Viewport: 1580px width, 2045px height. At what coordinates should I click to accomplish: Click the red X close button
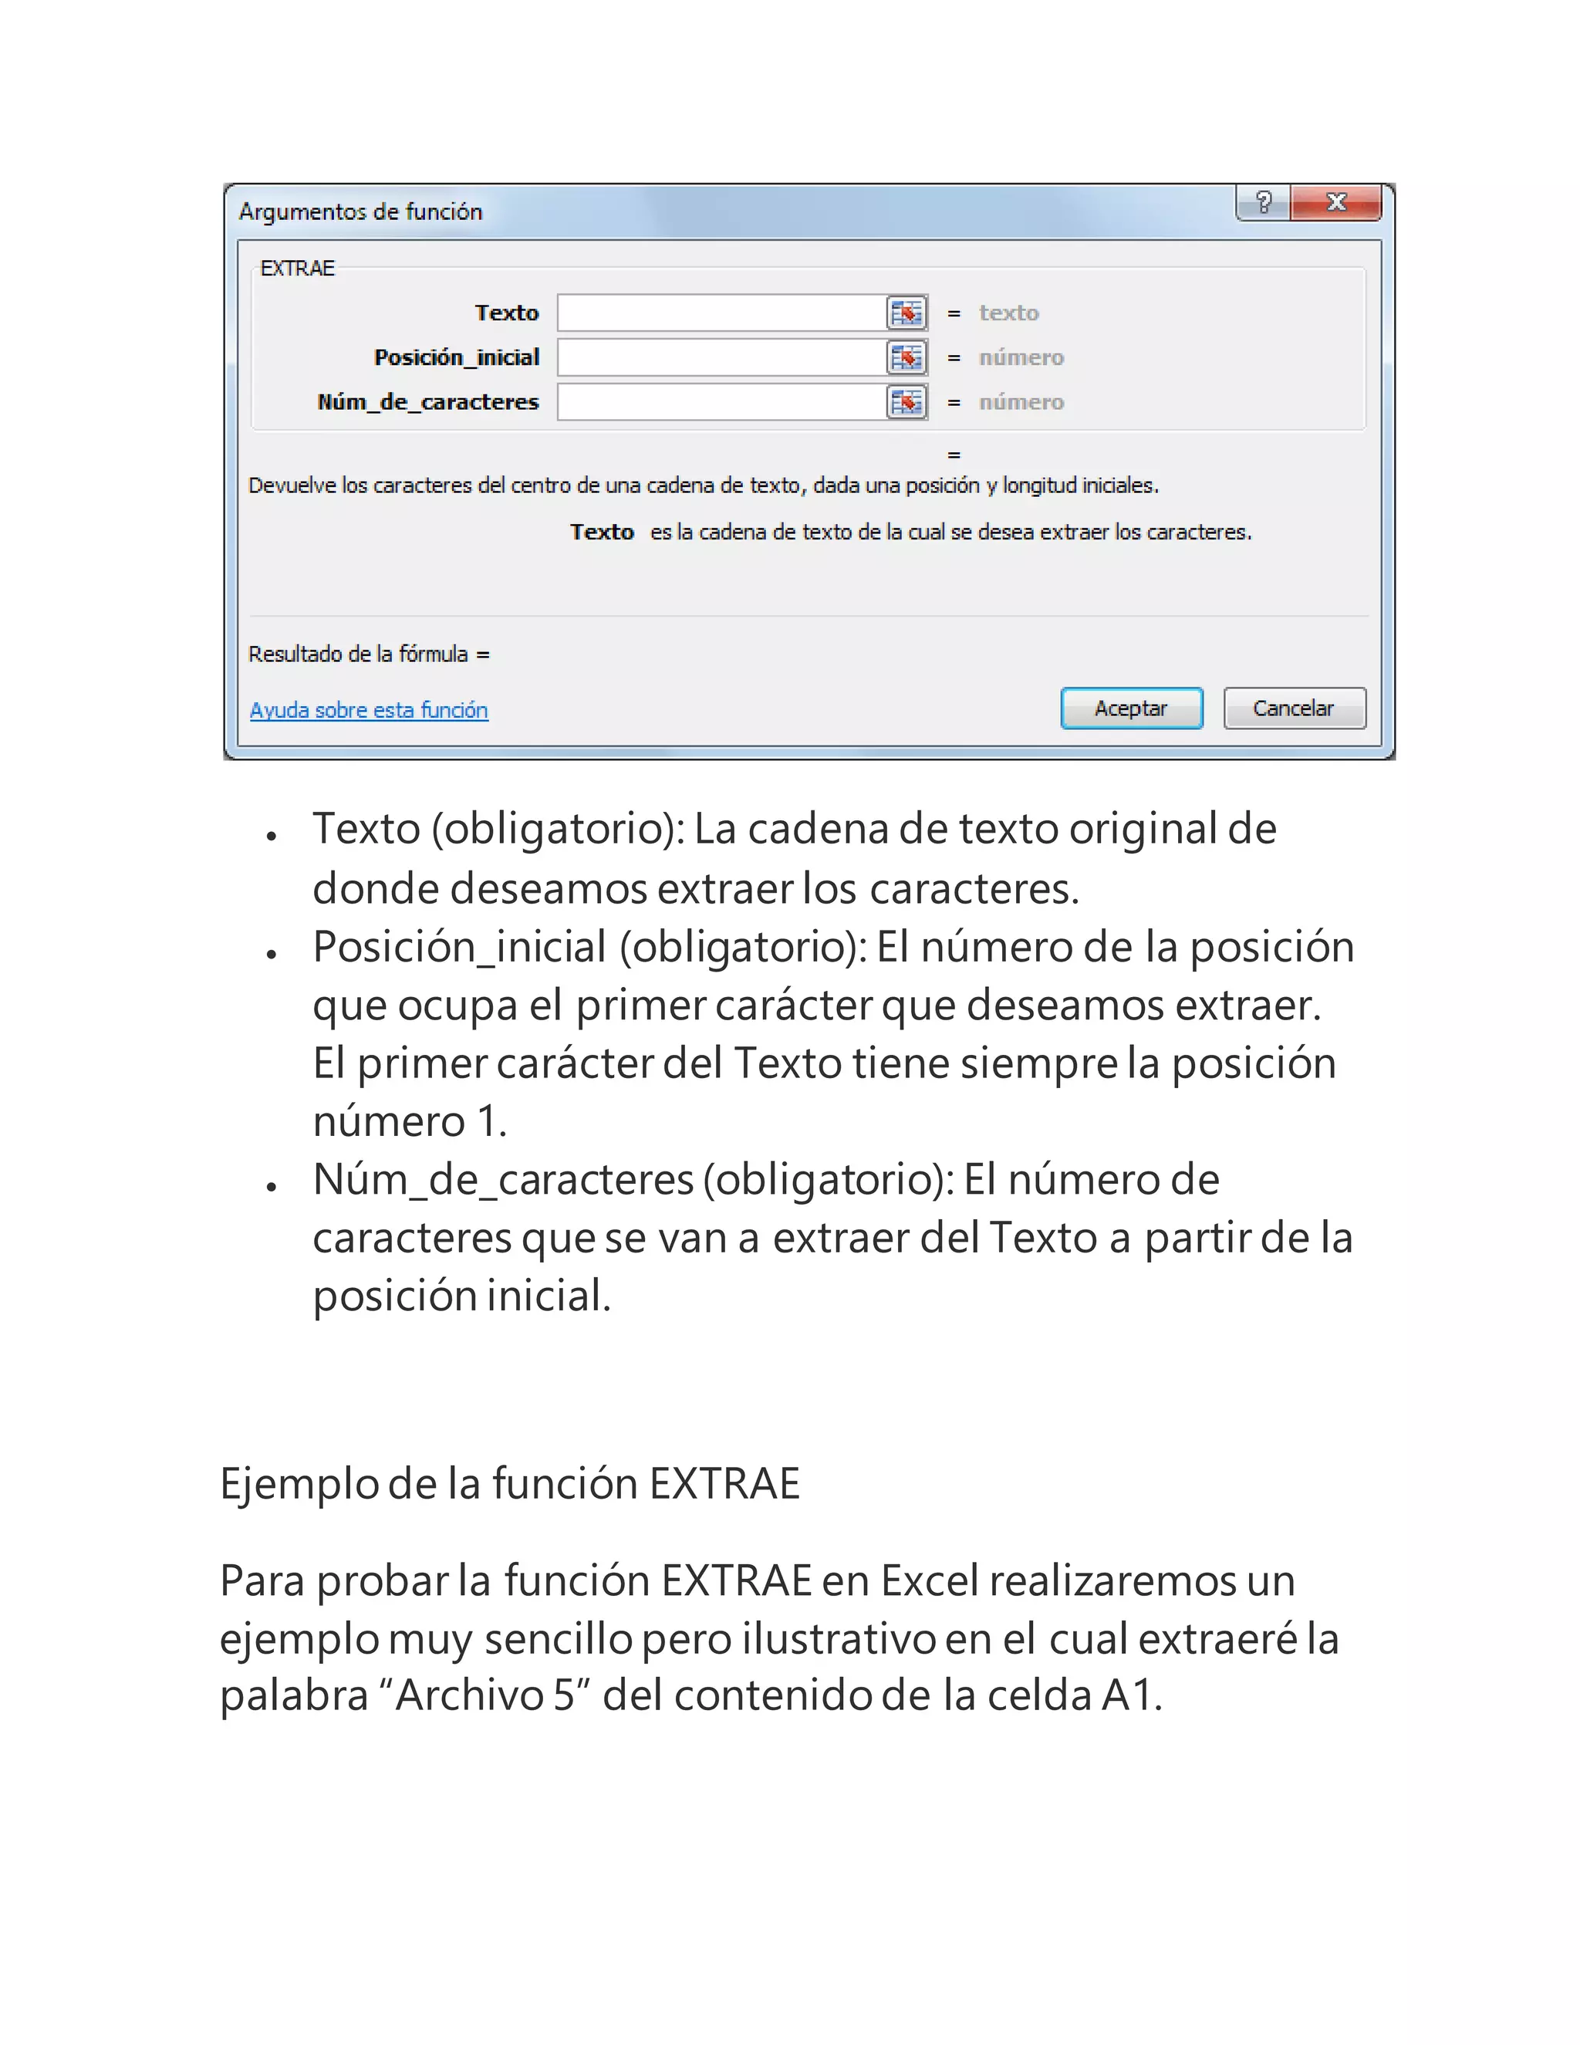tap(1335, 202)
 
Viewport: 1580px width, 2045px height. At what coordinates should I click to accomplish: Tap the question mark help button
tap(1264, 202)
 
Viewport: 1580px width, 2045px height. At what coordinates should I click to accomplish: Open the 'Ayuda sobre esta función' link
tap(369, 710)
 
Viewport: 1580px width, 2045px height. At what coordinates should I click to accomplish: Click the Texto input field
tap(721, 313)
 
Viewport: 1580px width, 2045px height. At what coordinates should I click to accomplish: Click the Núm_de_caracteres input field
tap(721, 403)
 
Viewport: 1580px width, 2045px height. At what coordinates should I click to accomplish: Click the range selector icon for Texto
tap(906, 313)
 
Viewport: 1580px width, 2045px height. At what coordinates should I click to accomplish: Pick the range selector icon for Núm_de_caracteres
tap(906, 403)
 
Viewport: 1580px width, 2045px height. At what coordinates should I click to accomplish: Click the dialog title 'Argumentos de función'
tap(360, 211)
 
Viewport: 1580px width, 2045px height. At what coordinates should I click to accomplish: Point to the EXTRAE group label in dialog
tap(297, 269)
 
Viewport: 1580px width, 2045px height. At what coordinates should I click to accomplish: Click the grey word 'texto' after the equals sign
tap(1008, 313)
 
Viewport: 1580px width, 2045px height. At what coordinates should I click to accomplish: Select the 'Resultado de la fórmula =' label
tap(369, 654)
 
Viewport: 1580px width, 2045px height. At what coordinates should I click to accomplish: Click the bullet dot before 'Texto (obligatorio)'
tap(272, 837)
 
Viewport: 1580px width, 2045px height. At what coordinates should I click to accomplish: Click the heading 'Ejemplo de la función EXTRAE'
tap(510, 1484)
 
